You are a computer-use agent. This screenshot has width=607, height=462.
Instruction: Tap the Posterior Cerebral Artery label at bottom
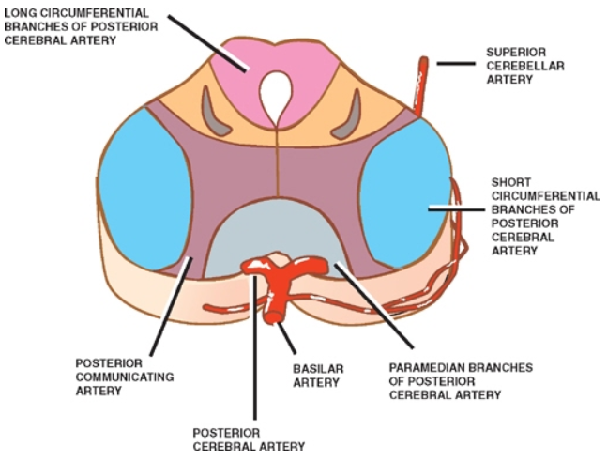[x=248, y=439]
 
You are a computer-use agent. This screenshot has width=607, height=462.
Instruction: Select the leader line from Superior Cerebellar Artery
[x=456, y=64]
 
